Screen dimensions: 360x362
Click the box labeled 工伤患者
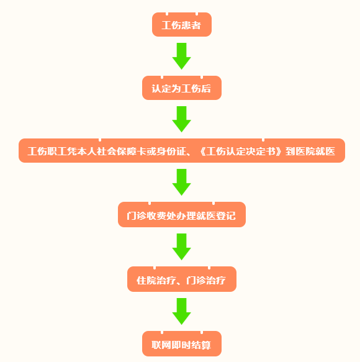point(182,24)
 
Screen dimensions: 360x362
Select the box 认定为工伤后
point(182,88)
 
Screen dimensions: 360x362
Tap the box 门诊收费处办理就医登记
point(182,214)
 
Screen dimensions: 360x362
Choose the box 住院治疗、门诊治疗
point(182,279)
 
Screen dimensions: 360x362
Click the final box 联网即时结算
point(182,343)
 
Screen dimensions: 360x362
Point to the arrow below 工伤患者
point(182,56)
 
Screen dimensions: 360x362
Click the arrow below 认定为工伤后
point(182,119)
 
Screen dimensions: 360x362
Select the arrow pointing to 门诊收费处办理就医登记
point(182,182)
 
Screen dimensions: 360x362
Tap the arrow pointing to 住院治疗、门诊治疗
point(182,247)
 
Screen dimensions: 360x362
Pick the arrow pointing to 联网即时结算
point(182,312)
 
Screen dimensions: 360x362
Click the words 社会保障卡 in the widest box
point(122,152)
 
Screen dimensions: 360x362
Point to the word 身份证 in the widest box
point(171,152)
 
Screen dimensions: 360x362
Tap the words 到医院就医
point(310,152)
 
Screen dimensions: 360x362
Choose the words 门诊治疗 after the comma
point(206,281)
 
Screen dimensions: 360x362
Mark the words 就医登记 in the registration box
point(216,216)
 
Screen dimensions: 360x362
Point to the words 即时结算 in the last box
point(191,345)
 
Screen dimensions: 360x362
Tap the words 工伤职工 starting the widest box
point(47,152)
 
